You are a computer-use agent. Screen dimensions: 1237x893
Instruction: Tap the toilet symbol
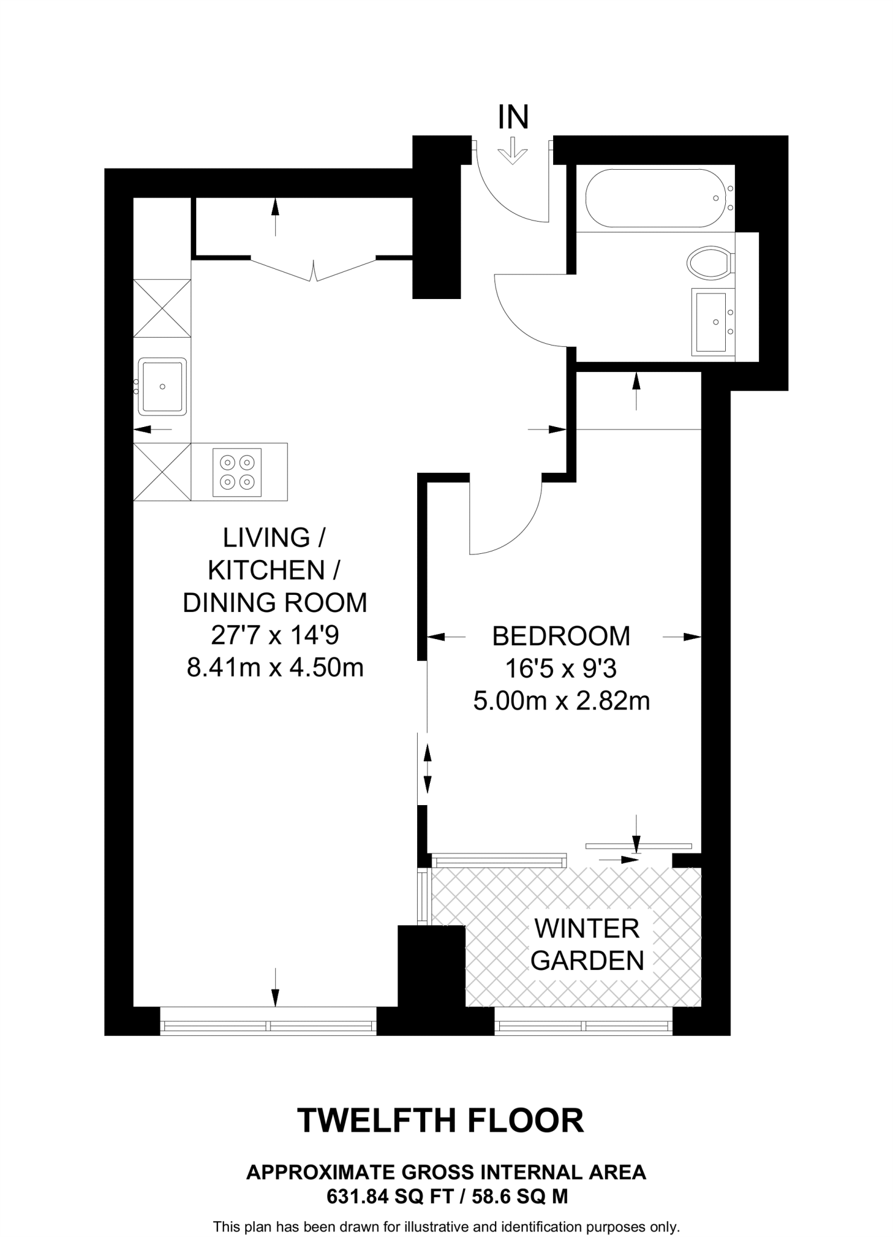[710, 263]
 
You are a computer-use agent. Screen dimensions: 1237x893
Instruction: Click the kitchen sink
[162, 387]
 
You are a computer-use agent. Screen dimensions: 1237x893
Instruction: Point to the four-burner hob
[237, 472]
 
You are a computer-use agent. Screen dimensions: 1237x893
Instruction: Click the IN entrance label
[513, 118]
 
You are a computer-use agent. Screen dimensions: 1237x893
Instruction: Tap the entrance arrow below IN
[512, 151]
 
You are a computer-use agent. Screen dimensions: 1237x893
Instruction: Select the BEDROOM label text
[561, 636]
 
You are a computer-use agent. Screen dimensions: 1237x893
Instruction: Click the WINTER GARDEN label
[587, 945]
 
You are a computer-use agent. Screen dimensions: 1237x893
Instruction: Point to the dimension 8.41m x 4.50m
[275, 667]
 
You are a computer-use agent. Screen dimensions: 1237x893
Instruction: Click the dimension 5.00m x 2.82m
[561, 701]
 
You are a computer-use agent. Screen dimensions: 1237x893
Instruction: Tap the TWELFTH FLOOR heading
[441, 1121]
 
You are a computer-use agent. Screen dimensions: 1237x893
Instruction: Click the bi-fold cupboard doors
[313, 271]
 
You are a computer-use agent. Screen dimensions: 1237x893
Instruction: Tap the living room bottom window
[268, 1025]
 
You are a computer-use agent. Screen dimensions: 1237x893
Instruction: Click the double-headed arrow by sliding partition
[427, 768]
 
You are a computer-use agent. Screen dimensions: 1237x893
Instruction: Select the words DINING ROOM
[275, 603]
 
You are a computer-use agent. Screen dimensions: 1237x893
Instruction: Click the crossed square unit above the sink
[162, 308]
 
